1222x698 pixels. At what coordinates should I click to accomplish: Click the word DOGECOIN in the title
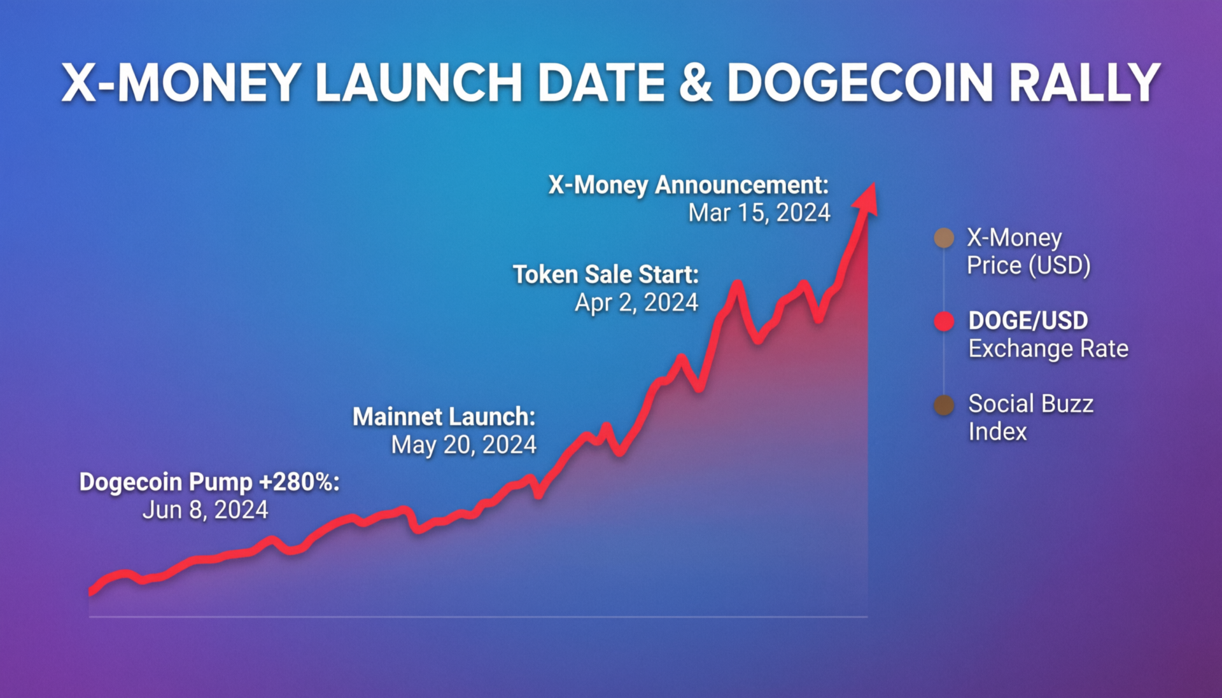(859, 83)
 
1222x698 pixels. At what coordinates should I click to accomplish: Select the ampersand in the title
(696, 83)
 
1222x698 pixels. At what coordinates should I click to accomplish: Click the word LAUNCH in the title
(419, 83)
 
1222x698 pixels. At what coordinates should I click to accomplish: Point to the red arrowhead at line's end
(867, 199)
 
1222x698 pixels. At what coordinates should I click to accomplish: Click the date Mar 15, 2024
(759, 213)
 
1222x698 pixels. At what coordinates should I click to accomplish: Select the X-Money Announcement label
(689, 185)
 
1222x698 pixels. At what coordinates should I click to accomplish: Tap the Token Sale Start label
(606, 274)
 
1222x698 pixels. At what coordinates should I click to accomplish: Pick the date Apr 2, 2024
(636, 302)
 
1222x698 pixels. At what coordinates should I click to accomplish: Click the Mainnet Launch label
(444, 416)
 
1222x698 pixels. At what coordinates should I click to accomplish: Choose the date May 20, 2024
(463, 444)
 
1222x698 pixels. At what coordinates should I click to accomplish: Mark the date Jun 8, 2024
(205, 510)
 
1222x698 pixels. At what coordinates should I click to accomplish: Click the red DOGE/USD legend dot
(944, 321)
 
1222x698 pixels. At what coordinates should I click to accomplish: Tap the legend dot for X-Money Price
(944, 238)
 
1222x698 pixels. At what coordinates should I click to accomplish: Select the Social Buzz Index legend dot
(944, 405)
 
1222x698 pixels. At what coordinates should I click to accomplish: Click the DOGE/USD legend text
(1028, 321)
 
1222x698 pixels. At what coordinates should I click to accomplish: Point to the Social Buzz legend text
(1030, 403)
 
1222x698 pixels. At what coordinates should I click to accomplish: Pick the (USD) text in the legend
(1060, 265)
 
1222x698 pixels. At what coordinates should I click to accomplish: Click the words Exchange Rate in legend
(1048, 349)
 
